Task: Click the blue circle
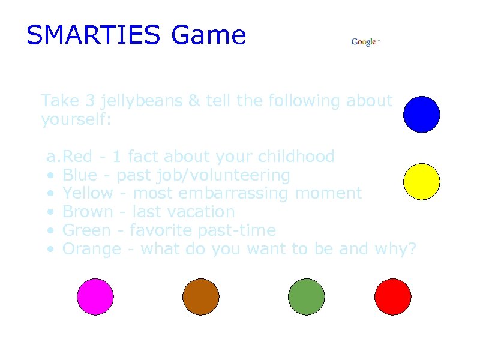(x=422, y=114)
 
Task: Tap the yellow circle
(x=422, y=181)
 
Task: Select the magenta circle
(x=95, y=297)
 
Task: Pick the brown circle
(x=201, y=297)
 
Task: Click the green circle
(x=307, y=297)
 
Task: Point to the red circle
(x=393, y=297)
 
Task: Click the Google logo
(x=365, y=42)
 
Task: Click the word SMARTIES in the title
(x=93, y=35)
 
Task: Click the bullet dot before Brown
(x=52, y=212)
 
